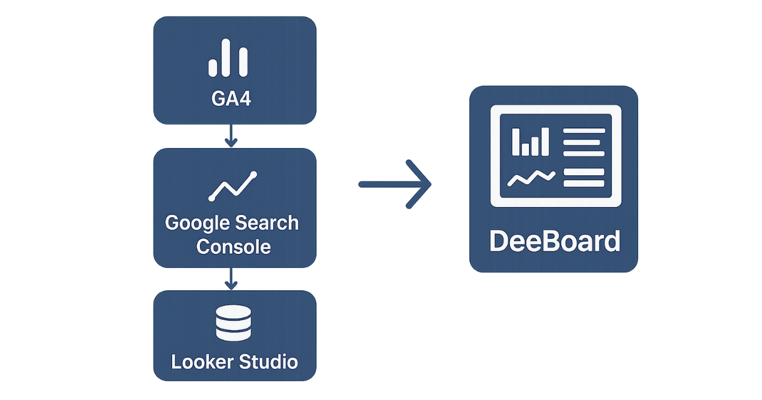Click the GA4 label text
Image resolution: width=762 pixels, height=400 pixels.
pos(235,100)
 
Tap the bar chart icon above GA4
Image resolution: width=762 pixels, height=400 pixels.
pos(228,59)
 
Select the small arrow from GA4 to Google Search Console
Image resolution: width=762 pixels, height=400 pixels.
pos(231,135)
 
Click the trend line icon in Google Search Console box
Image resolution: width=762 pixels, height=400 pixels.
pos(233,185)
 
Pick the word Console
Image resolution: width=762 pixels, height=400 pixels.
pos(234,246)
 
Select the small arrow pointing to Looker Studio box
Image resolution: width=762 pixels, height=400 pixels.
pos(231,277)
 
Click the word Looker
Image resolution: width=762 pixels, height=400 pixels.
pos(201,362)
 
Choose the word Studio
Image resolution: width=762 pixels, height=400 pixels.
pos(269,362)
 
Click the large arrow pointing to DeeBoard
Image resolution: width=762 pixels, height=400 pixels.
pos(395,184)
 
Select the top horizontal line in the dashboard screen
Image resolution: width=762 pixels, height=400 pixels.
pos(584,131)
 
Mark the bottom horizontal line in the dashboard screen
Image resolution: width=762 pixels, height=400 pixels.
pos(584,184)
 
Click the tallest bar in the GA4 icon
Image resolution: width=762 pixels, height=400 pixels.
pos(228,58)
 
